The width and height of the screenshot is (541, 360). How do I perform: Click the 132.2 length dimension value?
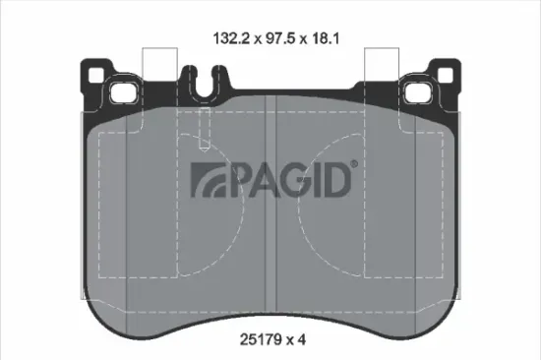(232, 40)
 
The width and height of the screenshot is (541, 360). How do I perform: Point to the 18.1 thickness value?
(327, 40)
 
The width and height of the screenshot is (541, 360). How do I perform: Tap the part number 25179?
(261, 339)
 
